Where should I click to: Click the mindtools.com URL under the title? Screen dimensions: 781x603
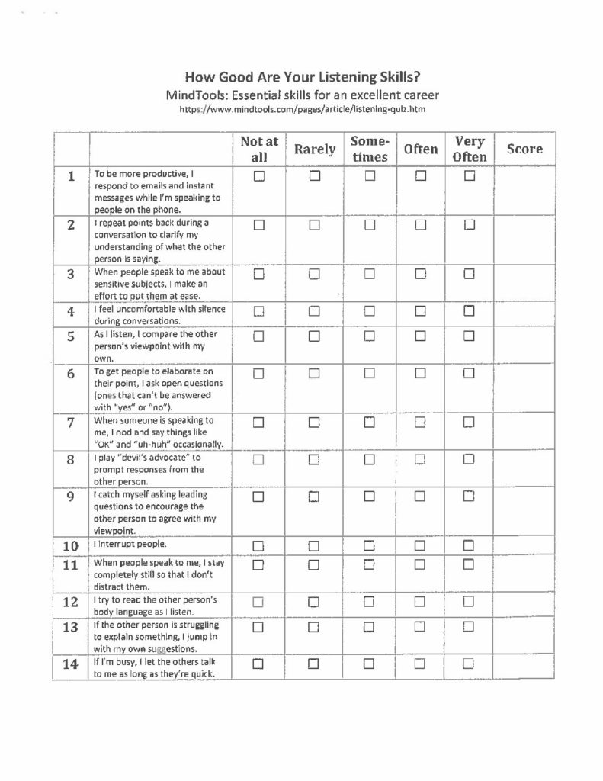(302, 109)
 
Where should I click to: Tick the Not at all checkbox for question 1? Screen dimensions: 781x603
(259, 176)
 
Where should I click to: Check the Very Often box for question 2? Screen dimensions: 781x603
(470, 224)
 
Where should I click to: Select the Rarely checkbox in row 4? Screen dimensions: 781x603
(314, 310)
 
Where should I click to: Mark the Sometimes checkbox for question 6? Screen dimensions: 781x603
(370, 373)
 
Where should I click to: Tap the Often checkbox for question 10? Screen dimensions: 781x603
(420, 545)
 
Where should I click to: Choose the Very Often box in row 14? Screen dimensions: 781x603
(470, 664)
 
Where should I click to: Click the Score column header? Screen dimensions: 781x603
(525, 149)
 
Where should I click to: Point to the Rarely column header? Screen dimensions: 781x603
(314, 149)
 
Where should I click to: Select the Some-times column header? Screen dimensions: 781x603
(370, 149)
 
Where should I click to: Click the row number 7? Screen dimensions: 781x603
(71, 423)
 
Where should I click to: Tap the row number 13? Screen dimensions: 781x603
(71, 628)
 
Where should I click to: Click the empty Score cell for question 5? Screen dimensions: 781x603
(525, 346)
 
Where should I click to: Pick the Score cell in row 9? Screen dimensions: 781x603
(525, 512)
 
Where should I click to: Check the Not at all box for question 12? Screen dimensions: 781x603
(259, 601)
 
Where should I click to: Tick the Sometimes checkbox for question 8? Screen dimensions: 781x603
(370, 459)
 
